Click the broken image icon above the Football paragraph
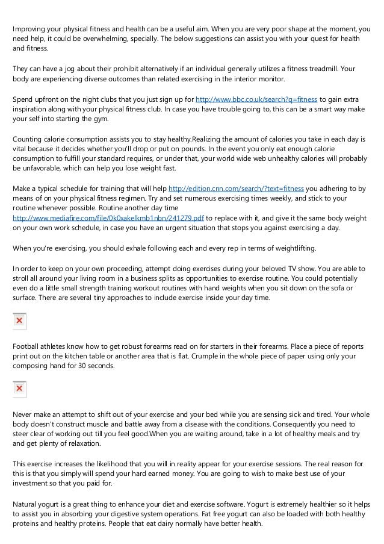[19, 321]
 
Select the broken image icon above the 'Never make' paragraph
[19, 390]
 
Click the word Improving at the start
[29, 28]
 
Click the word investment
[32, 483]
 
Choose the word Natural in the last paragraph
[26, 503]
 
